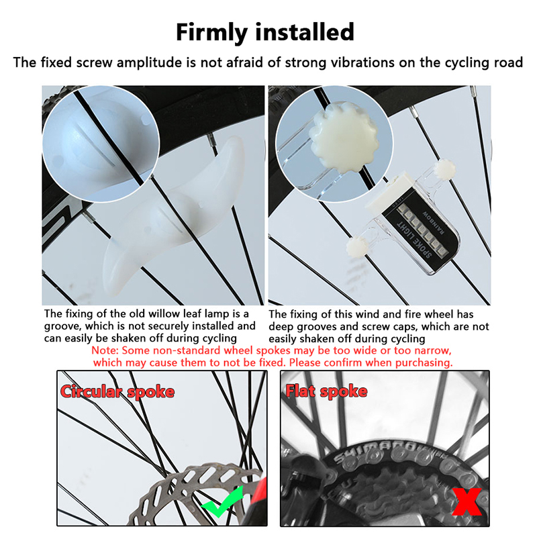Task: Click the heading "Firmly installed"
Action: pos(264,32)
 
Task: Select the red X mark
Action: pos(467,501)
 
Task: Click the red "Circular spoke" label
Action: pos(117,391)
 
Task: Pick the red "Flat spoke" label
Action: pos(326,391)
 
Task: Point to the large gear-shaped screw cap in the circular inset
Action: pos(343,136)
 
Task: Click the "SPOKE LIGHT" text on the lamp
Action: pos(414,240)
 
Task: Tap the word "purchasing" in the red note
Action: pos(424,362)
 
